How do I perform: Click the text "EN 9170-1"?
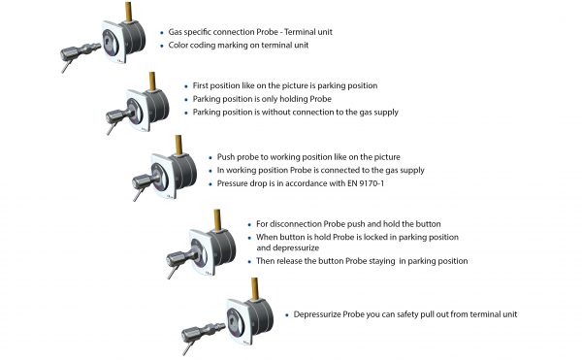point(366,183)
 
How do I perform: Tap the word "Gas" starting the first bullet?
point(176,32)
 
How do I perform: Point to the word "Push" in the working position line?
point(226,157)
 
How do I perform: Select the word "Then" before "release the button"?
point(265,261)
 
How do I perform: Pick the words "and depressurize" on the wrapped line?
point(288,247)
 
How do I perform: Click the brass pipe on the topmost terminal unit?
point(128,12)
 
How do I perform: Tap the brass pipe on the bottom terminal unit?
point(254,288)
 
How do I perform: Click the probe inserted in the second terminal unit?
point(118,117)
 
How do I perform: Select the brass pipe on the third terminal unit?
point(178,146)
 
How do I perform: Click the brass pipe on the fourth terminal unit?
point(217,219)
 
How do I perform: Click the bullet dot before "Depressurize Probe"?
point(287,315)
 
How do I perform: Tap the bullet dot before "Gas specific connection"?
point(162,33)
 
